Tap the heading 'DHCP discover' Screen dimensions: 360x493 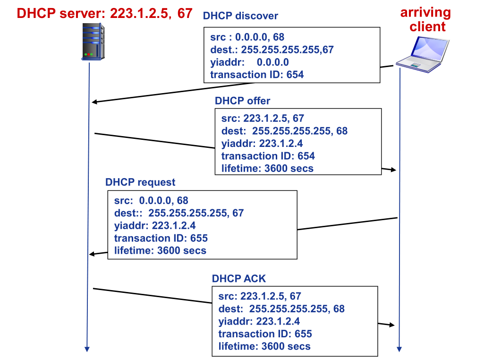coord(240,16)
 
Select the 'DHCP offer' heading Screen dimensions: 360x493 coord(242,101)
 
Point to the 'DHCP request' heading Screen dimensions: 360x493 coord(140,182)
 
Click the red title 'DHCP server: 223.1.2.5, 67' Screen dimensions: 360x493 coord(105,13)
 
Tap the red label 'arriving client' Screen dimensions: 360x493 coord(425,19)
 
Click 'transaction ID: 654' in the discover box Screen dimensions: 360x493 coord(257,74)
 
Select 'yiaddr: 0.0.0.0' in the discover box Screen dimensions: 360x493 coord(249,62)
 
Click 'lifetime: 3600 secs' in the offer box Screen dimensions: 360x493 coord(267,168)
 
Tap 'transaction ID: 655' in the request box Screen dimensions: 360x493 coord(161,238)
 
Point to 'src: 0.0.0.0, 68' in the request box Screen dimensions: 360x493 coord(151,200)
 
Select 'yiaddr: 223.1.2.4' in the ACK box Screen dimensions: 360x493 coord(259,321)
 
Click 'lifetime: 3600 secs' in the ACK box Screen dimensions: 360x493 coord(264,346)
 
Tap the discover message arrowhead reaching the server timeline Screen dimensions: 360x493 coord(94,102)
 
